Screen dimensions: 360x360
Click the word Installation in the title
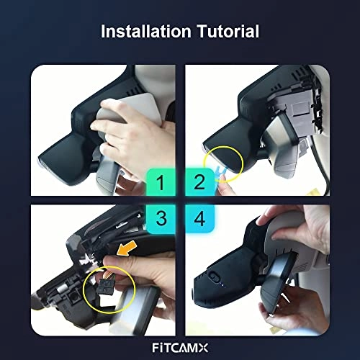[x=146, y=31]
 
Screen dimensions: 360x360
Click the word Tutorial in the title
[x=228, y=31]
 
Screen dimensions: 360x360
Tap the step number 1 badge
[x=161, y=182]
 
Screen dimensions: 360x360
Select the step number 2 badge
[x=199, y=182]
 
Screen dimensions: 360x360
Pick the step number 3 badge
[x=161, y=219]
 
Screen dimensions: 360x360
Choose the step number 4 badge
[x=199, y=219]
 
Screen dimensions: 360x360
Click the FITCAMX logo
[x=180, y=348]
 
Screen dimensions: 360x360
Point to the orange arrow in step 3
[x=127, y=248]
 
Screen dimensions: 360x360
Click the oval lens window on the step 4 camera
[x=214, y=276]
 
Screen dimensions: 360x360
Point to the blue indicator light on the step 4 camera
[x=222, y=285]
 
